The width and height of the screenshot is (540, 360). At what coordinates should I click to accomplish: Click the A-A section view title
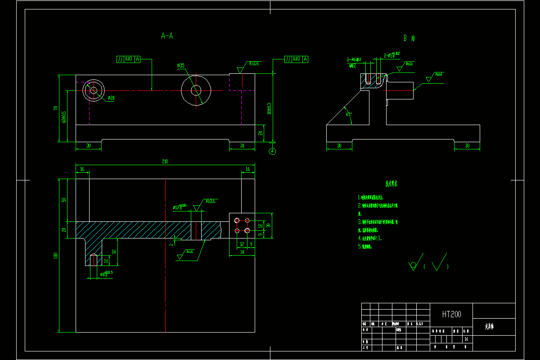(167, 36)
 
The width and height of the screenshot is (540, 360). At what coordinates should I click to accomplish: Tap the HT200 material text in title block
(451, 314)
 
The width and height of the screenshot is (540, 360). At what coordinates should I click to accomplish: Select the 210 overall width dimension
(165, 162)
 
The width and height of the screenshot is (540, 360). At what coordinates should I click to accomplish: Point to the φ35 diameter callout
(180, 66)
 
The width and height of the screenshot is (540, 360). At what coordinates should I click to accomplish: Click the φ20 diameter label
(111, 98)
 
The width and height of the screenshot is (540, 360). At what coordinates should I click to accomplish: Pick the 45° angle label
(348, 114)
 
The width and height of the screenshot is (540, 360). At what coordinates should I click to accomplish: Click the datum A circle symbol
(272, 151)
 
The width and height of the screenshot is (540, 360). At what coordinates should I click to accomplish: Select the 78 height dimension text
(56, 108)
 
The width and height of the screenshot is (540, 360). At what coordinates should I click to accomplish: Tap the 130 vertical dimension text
(56, 256)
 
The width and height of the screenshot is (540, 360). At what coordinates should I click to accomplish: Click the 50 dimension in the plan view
(64, 199)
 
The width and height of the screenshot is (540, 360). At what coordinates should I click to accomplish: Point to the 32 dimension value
(114, 252)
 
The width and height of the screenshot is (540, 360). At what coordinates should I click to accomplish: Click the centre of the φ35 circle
(196, 90)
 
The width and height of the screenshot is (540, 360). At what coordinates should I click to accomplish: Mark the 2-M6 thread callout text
(354, 59)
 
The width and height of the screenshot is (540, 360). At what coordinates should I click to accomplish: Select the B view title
(408, 39)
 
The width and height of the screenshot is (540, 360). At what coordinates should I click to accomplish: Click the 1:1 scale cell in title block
(466, 339)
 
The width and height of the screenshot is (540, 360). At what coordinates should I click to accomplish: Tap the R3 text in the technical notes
(379, 238)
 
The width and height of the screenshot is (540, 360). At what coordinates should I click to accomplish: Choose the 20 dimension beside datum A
(261, 133)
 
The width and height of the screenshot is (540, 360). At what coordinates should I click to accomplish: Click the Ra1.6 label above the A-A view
(254, 64)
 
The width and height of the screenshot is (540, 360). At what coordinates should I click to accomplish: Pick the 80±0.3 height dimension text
(269, 108)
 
